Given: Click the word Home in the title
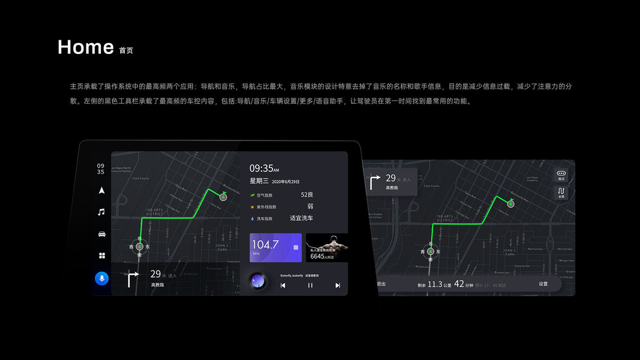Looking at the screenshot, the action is pyautogui.click(x=86, y=47).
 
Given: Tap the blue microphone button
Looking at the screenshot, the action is pyautogui.click(x=102, y=278).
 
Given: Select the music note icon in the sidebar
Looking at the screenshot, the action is pyautogui.click(x=101, y=212).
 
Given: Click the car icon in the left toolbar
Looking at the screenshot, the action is pyautogui.click(x=101, y=234).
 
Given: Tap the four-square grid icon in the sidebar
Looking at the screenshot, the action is pyautogui.click(x=102, y=256).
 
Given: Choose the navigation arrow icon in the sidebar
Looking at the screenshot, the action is pyautogui.click(x=101, y=190).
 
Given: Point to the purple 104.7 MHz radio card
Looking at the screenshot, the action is pyautogui.click(x=275, y=247).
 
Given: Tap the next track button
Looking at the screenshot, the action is pyautogui.click(x=338, y=285).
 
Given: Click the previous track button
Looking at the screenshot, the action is pyautogui.click(x=283, y=285).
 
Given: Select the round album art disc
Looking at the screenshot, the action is pyautogui.click(x=259, y=281).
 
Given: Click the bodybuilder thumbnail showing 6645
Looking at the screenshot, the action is pyautogui.click(x=327, y=247).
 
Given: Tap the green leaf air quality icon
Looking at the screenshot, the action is pyautogui.click(x=253, y=195).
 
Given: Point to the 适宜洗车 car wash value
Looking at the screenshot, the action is pyautogui.click(x=301, y=218).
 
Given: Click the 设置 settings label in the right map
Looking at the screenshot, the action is pyautogui.click(x=543, y=284).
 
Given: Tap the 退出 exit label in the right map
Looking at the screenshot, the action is pyautogui.click(x=381, y=284).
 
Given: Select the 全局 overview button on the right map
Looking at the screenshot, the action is pyautogui.click(x=561, y=193).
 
